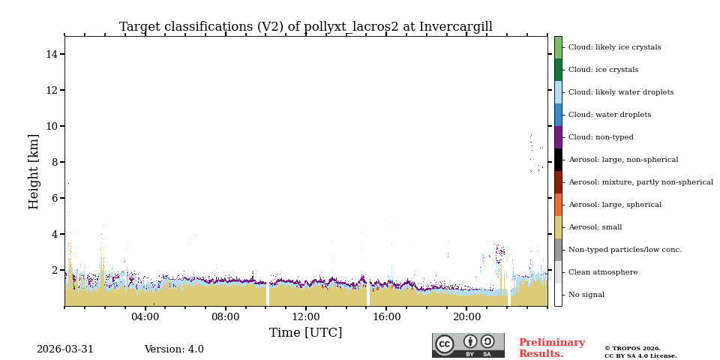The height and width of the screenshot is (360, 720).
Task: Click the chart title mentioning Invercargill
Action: point(305,27)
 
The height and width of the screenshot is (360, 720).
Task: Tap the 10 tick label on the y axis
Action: point(52,126)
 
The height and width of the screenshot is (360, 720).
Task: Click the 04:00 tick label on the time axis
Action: point(145,317)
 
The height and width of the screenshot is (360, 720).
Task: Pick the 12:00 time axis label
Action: point(305,317)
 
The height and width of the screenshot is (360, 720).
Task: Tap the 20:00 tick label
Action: point(466,317)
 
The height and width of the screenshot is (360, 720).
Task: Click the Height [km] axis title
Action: point(34,171)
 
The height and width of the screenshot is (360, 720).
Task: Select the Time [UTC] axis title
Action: point(305,333)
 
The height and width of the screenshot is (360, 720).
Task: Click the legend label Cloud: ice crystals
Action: point(603,70)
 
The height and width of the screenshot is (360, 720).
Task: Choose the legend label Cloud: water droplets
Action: point(609,115)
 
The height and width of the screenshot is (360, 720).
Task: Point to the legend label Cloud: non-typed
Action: point(601,137)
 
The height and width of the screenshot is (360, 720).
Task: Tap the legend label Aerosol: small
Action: point(595,227)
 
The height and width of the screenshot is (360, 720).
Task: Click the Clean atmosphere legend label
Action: point(603,272)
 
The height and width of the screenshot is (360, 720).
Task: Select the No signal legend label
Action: point(586,295)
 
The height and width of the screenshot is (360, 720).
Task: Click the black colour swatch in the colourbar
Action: point(558,160)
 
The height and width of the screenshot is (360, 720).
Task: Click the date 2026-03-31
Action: point(65,349)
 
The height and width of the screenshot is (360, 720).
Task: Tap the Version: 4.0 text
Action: point(174,349)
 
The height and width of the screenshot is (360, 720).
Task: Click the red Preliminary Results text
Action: point(551,348)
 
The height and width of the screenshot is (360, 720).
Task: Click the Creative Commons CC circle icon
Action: point(445,344)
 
